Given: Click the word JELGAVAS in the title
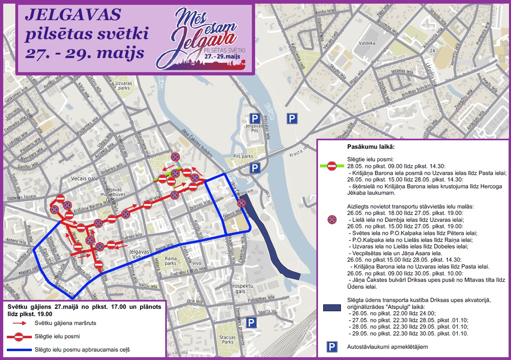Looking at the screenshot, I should pyautogui.click(x=73, y=15).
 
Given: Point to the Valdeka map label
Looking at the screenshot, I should pyautogui.click(x=367, y=43).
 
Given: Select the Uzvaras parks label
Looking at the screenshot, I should pyautogui.click(x=124, y=86).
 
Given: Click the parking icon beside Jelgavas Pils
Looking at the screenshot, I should pyautogui.click(x=255, y=118).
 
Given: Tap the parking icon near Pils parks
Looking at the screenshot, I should pyautogui.click(x=254, y=168).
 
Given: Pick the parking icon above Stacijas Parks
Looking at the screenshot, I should pyautogui.click(x=251, y=323).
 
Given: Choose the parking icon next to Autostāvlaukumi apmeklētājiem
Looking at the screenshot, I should pyautogui.click(x=332, y=347).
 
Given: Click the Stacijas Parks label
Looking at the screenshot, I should pyautogui.click(x=228, y=339).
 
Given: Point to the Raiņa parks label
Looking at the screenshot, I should pyautogui.click(x=170, y=261).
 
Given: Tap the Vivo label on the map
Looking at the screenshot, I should pyautogui.click(x=197, y=263).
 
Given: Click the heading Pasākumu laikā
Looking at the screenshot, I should pyautogui.click(x=371, y=148).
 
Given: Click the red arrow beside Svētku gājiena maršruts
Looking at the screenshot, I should pyautogui.click(x=19, y=323).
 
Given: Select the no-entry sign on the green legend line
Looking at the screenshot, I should pyautogui.click(x=332, y=165).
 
